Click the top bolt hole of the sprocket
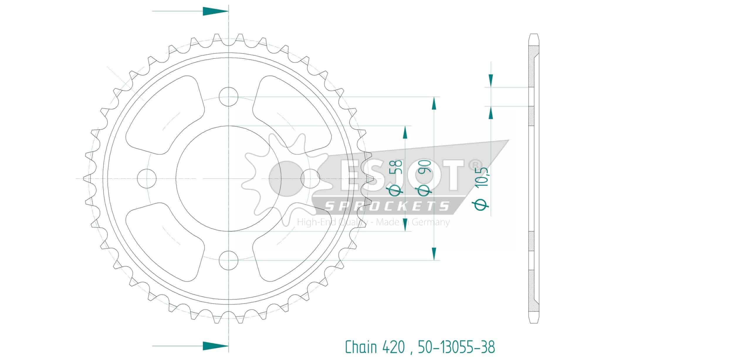(x=229, y=97)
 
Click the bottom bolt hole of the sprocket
(x=229, y=260)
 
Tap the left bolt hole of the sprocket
(x=147, y=178)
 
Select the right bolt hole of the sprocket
(x=310, y=178)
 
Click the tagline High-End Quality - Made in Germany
(x=373, y=222)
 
